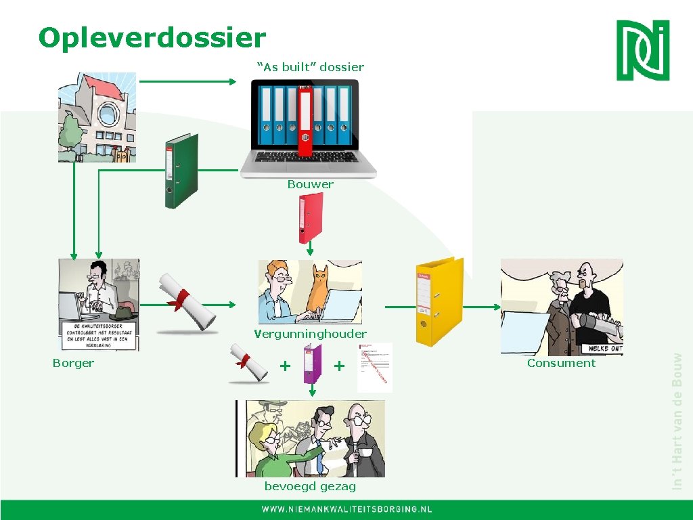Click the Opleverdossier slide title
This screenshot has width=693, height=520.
152,37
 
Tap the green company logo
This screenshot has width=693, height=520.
642,50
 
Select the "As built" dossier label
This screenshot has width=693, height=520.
311,67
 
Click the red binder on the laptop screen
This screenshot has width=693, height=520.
305,121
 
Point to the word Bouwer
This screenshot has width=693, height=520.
310,184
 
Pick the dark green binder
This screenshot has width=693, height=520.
181,171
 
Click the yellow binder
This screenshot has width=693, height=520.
439,301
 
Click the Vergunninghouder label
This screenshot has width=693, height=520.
310,334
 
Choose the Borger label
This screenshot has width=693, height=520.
73,363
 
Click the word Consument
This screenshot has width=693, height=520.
561,363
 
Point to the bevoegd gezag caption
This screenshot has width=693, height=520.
310,487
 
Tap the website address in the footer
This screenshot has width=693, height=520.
346,509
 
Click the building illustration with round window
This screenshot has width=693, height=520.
97,117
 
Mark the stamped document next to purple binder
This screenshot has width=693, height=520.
374,367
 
